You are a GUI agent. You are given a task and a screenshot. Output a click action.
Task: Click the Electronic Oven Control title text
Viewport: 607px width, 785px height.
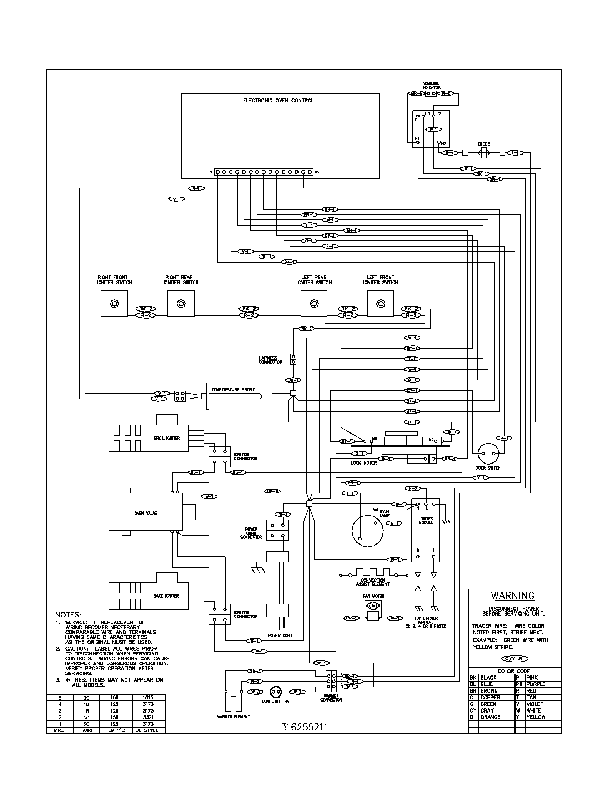pyautogui.click(x=279, y=100)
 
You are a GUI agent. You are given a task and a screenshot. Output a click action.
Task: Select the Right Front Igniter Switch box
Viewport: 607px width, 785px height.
pyautogui.click(x=114, y=304)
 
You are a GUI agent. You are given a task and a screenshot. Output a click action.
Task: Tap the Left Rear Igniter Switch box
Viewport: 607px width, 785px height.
pyautogui.click(x=314, y=304)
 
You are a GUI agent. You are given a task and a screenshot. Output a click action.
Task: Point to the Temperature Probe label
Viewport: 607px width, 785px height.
pyautogui.click(x=233, y=390)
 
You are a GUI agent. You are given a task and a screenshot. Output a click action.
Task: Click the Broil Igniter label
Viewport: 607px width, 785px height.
pyautogui.click(x=167, y=438)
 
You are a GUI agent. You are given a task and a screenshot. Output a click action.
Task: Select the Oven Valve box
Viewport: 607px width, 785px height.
pyautogui.click(x=146, y=513)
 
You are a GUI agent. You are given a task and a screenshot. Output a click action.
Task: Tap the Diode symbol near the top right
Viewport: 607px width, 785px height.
pyautogui.click(x=484, y=153)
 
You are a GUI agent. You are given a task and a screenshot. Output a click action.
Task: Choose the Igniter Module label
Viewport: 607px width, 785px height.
pyautogui.click(x=426, y=521)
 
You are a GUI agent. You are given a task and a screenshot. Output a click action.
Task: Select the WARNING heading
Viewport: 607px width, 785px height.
pyautogui.click(x=513, y=596)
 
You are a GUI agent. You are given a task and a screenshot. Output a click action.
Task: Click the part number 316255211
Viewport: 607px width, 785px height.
pyautogui.click(x=304, y=727)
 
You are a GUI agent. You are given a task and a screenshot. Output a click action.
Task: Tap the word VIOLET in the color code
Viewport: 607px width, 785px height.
pyautogui.click(x=535, y=704)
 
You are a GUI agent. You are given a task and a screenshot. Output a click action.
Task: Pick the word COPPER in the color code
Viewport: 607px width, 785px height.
pyautogui.click(x=491, y=697)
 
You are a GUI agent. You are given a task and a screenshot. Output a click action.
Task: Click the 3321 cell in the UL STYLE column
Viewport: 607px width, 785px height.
pyautogui.click(x=148, y=717)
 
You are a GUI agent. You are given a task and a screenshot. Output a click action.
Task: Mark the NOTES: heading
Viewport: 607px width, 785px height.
pyautogui.click(x=68, y=615)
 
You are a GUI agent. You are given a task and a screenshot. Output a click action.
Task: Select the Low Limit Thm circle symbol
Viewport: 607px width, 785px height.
pyautogui.click(x=276, y=692)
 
